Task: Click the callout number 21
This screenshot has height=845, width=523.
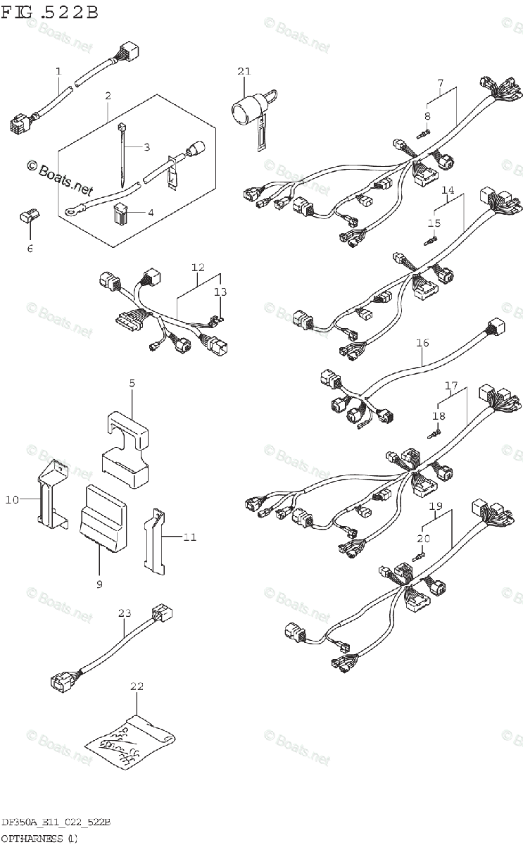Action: click(244, 71)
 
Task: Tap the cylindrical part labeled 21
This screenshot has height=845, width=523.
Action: click(247, 110)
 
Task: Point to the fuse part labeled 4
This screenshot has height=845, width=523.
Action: click(121, 212)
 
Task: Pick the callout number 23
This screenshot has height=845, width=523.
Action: click(125, 613)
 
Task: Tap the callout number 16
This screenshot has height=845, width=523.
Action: click(422, 344)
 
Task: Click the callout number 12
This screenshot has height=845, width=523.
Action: click(198, 268)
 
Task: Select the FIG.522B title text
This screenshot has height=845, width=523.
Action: click(49, 12)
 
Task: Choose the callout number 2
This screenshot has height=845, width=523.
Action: click(108, 96)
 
